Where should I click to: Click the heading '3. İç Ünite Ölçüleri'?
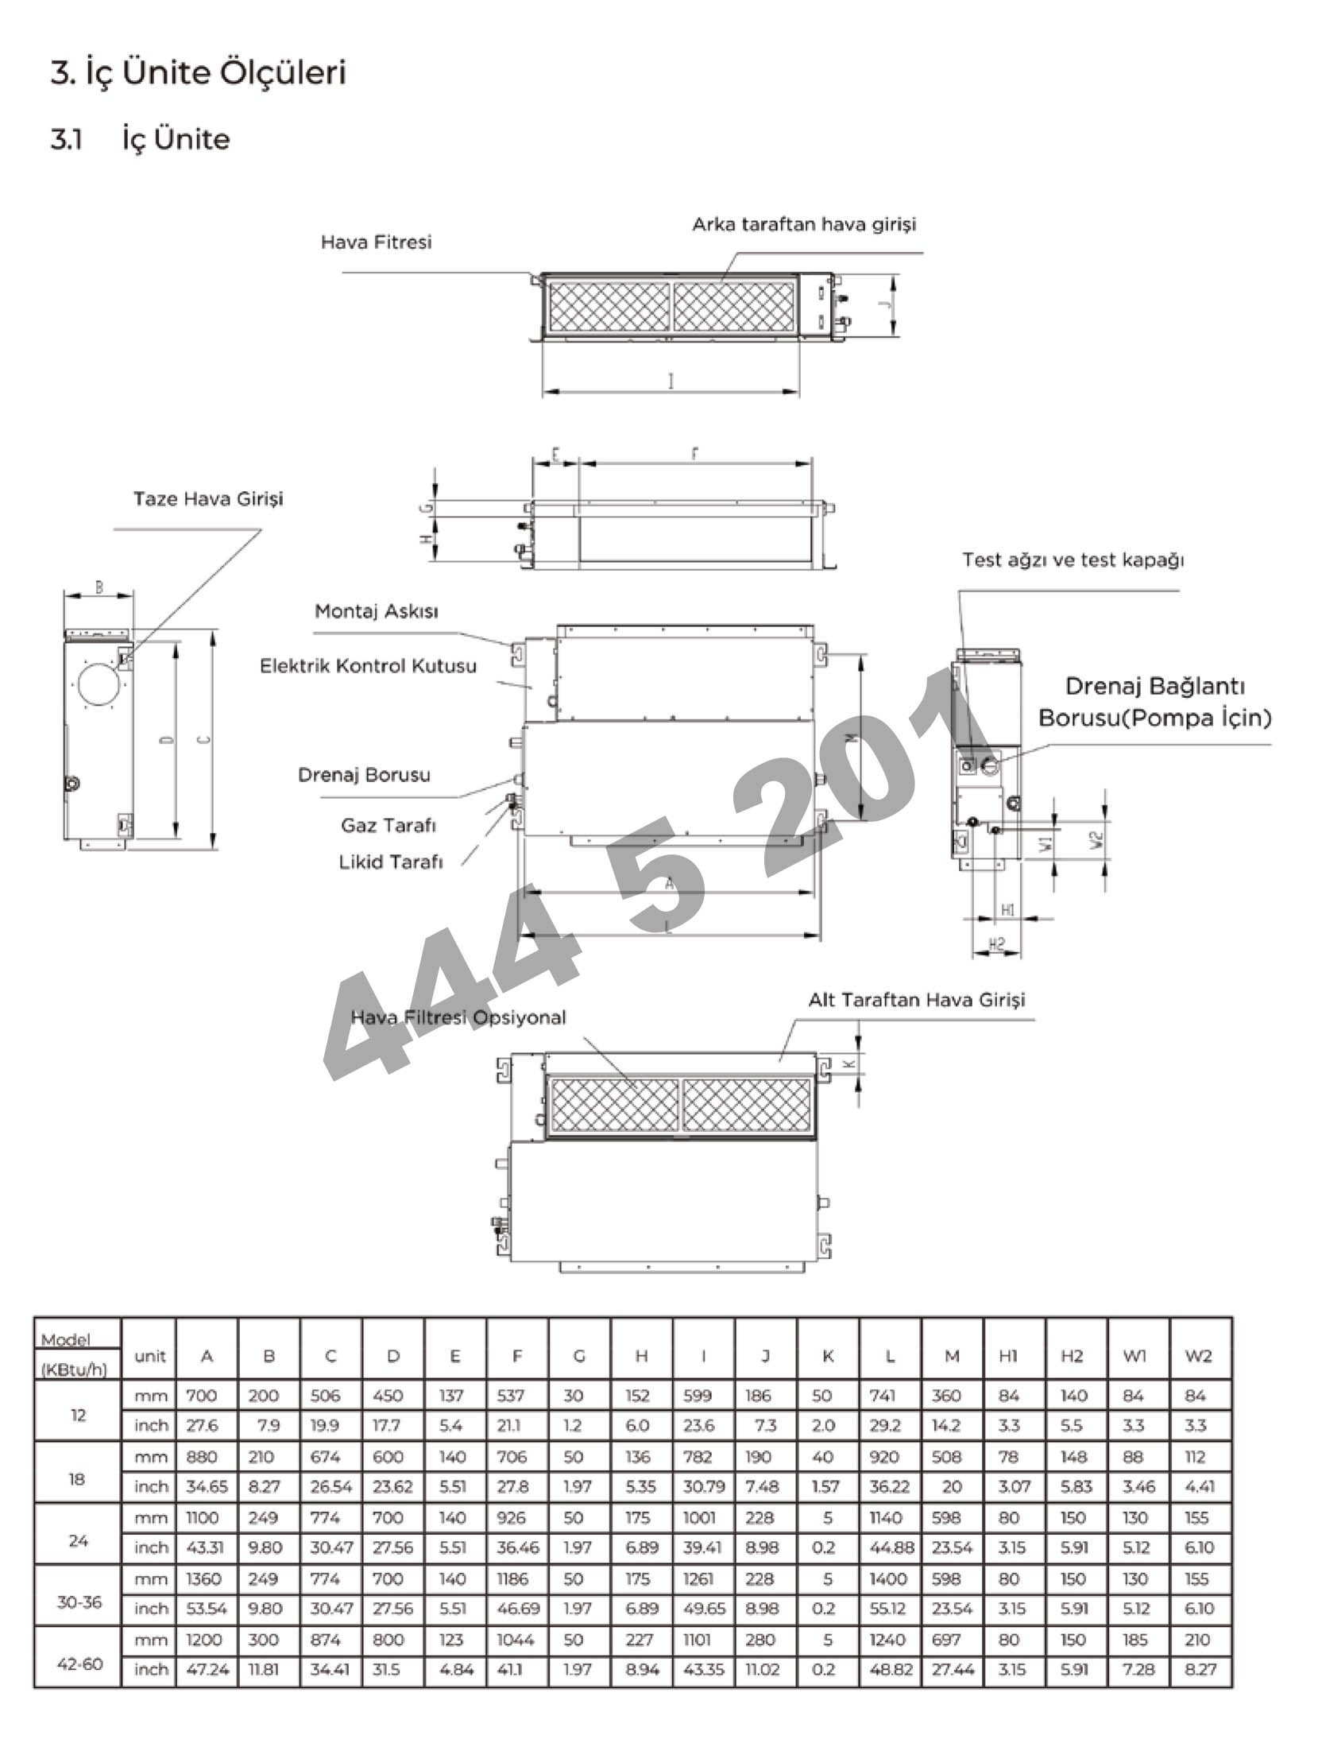(199, 72)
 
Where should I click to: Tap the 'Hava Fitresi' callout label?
(376, 242)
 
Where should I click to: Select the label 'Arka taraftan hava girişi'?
(804, 224)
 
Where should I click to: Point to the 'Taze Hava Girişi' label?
(208, 499)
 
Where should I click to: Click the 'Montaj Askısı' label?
(377, 611)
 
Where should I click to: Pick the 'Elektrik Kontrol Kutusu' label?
(368, 665)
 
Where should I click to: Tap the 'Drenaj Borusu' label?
(364, 774)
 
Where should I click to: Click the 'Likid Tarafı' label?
(390, 862)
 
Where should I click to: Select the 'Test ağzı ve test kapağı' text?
(1073, 560)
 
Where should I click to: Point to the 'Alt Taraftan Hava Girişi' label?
(917, 999)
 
